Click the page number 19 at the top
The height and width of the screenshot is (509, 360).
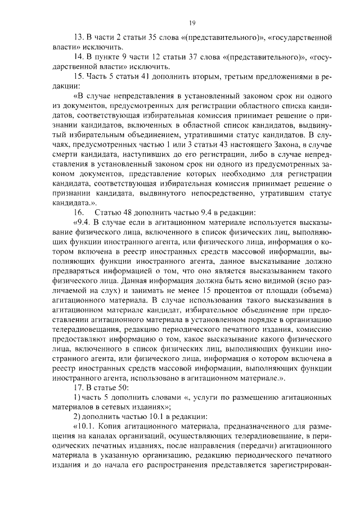pos(191,22)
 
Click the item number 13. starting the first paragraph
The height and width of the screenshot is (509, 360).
pos(79,39)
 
